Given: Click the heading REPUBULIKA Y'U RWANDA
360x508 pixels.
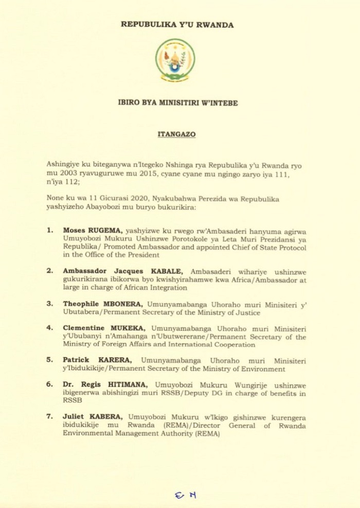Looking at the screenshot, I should coord(177,25).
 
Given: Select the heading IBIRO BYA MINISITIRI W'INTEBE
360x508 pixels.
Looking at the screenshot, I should coord(177,103).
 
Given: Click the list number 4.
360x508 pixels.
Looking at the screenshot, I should coord(50,327).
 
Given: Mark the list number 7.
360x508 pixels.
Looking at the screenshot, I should coord(50,416).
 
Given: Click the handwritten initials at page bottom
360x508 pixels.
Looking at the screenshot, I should coord(185,495).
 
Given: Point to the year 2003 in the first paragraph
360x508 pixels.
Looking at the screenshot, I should coord(69,174).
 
